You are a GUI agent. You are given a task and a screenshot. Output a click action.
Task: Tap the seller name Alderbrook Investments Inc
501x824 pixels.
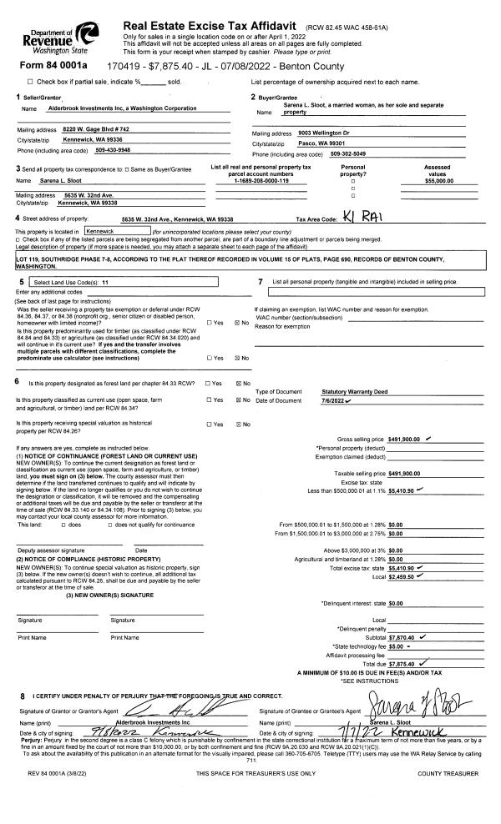pyautogui.click(x=122, y=108)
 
